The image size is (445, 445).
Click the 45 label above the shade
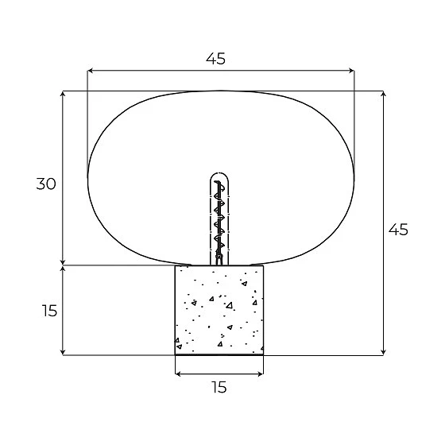pyautogui.click(x=215, y=59)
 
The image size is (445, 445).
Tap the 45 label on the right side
pyautogui.click(x=398, y=230)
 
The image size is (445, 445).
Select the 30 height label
pyautogui.click(x=46, y=184)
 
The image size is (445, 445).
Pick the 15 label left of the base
pyautogui.click(x=49, y=311)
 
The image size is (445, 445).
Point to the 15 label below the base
pyautogui.click(x=219, y=387)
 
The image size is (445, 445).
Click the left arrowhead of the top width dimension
pyautogui.click(x=90, y=71)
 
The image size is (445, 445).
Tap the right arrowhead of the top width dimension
pyautogui.click(x=352, y=71)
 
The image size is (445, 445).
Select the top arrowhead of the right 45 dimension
pyautogui.click(x=383, y=94)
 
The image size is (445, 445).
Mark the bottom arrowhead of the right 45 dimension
pyautogui.click(x=383, y=352)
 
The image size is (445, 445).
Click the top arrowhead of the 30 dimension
pyautogui.click(x=63, y=94)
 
